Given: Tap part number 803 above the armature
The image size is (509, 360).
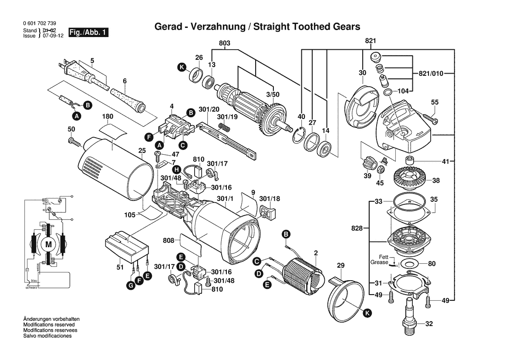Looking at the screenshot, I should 224,43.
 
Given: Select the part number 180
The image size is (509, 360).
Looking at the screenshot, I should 108,116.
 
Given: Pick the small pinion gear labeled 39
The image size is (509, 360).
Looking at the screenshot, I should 367,165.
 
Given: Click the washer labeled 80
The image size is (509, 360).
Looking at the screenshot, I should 408,263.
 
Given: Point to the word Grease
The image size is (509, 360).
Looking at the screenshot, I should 379,262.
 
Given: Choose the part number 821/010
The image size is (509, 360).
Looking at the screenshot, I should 431,73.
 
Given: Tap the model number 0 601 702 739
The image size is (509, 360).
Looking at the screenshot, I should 38,24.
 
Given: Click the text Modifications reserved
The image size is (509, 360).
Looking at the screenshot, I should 48,325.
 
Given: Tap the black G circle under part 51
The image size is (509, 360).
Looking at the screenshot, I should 130,286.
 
